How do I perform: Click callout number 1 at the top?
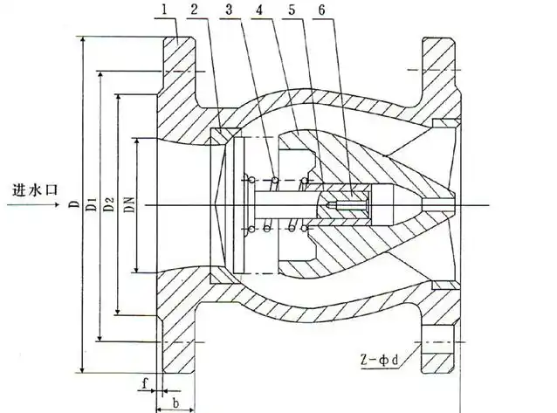click(x=164, y=10)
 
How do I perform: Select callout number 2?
click(x=194, y=10)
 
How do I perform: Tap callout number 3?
click(x=229, y=10)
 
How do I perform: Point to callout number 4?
click(x=259, y=10)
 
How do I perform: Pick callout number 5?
click(x=292, y=10)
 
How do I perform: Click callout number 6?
click(x=321, y=10)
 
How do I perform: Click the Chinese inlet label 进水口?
click(x=35, y=189)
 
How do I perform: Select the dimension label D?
click(x=74, y=204)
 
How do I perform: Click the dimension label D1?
click(x=92, y=203)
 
